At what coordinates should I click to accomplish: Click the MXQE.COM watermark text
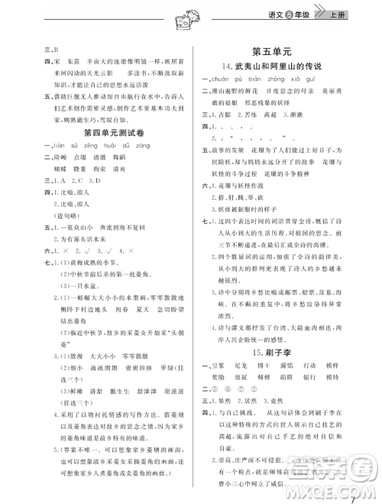(x=336, y=489)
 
